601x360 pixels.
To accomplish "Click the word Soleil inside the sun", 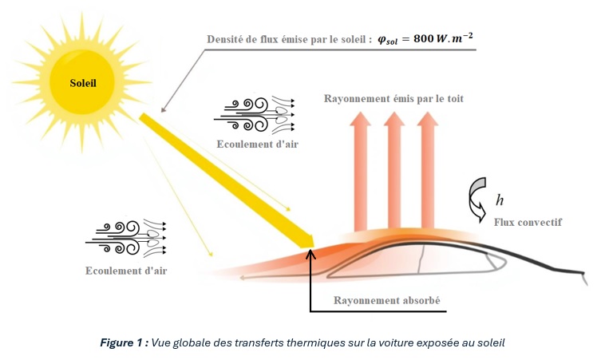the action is point(83,83).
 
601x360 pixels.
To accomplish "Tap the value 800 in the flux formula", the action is point(423,38).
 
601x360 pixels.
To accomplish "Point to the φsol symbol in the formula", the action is point(388,39).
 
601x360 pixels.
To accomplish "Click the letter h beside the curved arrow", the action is point(500,200).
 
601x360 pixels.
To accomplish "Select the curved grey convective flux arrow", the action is point(477,199).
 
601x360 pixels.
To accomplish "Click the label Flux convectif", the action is point(528,222).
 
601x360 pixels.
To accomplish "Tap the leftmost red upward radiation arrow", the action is point(360,172).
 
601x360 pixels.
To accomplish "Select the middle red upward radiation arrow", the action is point(394,172).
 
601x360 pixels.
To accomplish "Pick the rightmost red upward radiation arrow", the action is point(427,172).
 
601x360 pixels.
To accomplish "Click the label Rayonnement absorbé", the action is point(387,300).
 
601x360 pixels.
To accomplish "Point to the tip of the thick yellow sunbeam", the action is point(314,247).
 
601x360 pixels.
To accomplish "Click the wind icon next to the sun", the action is point(255,115).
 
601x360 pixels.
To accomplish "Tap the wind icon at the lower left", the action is point(126,237).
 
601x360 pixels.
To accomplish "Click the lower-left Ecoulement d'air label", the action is point(126,271).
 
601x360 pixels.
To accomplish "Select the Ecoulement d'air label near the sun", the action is point(257,144).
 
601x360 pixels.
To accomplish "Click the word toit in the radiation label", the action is point(456,98).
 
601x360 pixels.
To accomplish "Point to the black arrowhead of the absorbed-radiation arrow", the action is point(310,254).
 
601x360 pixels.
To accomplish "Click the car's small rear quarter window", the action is point(496,263).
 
